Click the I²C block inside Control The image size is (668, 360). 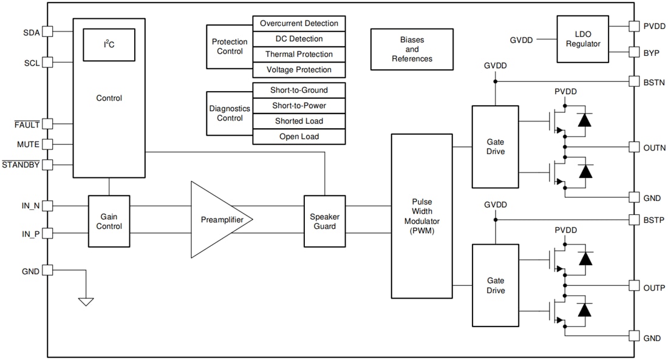(109, 44)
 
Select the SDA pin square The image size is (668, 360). (47, 32)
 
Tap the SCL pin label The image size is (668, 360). (31, 63)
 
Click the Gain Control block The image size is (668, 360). (109, 221)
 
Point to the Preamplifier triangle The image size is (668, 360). (216, 219)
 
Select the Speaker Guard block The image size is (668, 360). (324, 221)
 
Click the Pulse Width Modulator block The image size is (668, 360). (421, 216)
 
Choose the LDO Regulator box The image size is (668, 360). (582, 39)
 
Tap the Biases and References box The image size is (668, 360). (412, 49)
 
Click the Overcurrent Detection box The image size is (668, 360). (299, 24)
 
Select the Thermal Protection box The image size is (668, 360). (299, 55)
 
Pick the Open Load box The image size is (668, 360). (299, 137)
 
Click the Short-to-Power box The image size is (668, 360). (299, 106)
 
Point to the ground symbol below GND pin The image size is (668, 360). (86, 301)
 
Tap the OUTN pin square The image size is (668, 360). (633, 147)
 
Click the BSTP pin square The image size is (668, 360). (633, 219)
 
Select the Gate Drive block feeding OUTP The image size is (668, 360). (495, 285)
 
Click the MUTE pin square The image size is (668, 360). (47, 144)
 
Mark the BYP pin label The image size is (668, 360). (651, 53)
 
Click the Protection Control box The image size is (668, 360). (230, 47)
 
